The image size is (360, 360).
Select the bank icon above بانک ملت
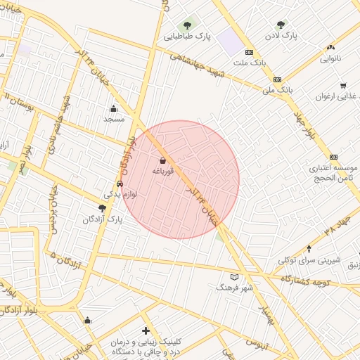pos(249,52)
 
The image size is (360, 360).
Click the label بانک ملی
pos(276,90)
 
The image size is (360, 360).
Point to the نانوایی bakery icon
pos(330,48)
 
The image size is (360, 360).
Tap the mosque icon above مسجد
pos(113,108)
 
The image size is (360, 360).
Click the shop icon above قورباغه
pos(163,160)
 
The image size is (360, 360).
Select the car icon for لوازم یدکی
pos(120,184)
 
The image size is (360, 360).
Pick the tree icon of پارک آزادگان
pos(103,208)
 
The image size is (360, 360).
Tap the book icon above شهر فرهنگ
pos(234,277)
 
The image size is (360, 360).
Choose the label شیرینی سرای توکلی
pos(302,260)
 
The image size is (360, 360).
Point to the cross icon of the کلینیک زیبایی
pos(146,330)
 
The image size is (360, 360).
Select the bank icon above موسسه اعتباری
pos(333,157)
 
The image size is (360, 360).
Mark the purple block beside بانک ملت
pos(229,43)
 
